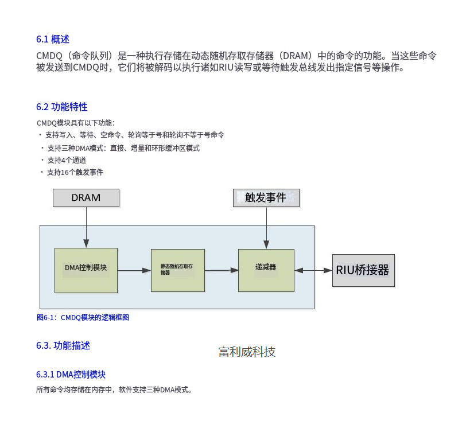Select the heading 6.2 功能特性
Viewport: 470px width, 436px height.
point(61,107)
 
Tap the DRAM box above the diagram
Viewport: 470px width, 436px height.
point(86,198)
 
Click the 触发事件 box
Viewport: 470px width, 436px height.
point(266,198)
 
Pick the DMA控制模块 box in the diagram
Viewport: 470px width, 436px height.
point(86,270)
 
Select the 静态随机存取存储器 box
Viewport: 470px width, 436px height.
point(177,270)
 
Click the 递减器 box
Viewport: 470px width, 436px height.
point(266,268)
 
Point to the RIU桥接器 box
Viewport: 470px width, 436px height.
point(363,270)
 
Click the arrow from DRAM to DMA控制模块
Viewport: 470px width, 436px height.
point(86,227)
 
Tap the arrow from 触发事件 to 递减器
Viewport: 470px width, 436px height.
point(266,227)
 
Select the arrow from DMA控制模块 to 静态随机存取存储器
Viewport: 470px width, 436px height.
point(134,270)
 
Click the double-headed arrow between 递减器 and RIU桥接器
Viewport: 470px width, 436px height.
point(313,270)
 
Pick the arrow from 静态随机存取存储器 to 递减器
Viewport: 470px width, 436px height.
point(222,270)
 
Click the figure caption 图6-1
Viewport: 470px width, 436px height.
point(83,317)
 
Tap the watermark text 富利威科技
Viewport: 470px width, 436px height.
point(247,352)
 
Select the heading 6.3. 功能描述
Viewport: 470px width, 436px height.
point(63,345)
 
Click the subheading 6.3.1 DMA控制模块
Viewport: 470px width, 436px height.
point(71,375)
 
